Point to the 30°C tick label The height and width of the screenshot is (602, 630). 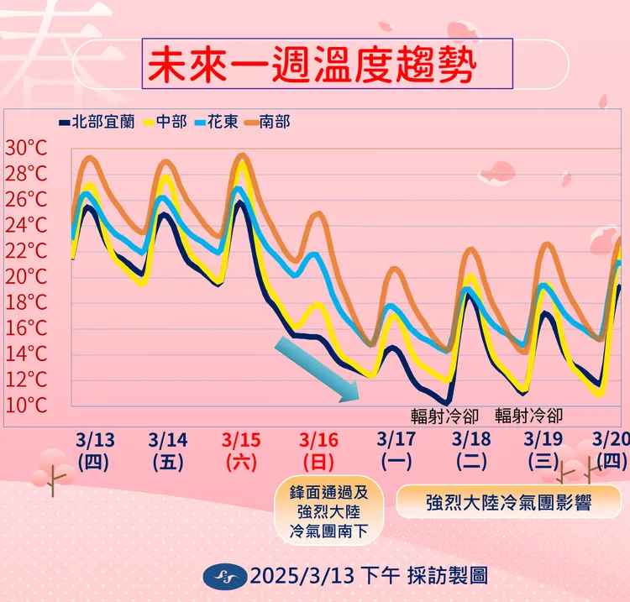coord(27,149)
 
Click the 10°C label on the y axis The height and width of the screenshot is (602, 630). coord(27,406)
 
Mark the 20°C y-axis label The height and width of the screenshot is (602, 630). coord(27,277)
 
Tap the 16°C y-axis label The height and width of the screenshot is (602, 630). coord(27,328)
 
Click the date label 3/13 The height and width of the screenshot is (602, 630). coord(94,440)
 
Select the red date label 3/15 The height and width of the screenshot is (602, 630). coord(242,440)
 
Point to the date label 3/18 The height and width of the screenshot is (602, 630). coord(471,440)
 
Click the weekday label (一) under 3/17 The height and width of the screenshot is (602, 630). coord(396,461)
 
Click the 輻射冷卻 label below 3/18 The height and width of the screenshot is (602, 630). coord(444,415)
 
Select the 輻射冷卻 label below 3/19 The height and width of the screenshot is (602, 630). coord(528,415)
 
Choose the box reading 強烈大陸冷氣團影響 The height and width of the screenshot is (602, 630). coord(508,503)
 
